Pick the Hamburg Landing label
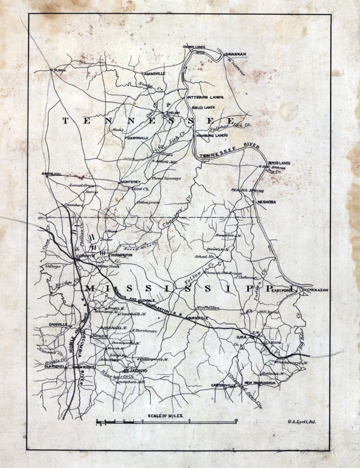point(211,136)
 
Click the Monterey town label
point(130,182)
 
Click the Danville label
point(58,324)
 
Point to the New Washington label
point(260,382)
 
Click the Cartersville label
point(223,385)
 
